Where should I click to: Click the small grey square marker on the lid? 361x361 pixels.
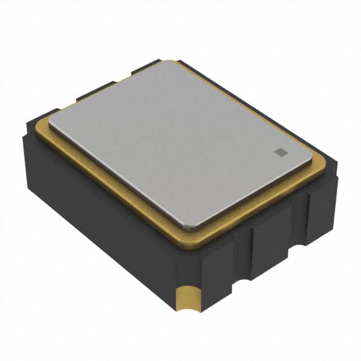[279, 151]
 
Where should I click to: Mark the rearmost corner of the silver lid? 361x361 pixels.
[172, 63]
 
